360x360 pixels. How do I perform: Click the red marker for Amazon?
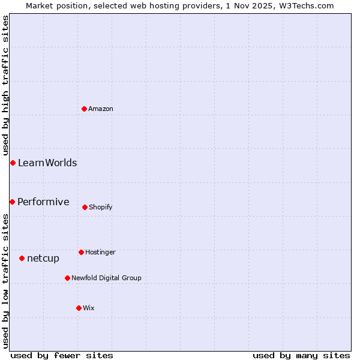(x=84, y=109)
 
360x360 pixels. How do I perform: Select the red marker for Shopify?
(x=85, y=207)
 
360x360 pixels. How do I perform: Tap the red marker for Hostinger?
(x=81, y=252)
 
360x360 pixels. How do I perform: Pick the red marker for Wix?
(x=79, y=308)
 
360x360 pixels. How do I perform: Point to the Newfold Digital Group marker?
(x=67, y=278)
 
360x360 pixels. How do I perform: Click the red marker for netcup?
(x=22, y=258)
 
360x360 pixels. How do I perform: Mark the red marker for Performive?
(x=12, y=202)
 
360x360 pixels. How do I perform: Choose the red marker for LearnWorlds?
(x=13, y=163)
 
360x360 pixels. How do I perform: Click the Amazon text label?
(x=101, y=109)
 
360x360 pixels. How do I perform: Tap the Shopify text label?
(x=101, y=207)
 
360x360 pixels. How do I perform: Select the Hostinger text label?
(x=100, y=252)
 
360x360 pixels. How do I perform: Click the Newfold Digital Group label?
(x=106, y=278)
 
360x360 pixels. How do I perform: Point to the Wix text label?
(x=89, y=308)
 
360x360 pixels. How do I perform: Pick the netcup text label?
(x=43, y=259)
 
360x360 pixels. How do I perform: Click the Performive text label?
(x=43, y=202)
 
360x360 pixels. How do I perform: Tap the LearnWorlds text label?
(x=47, y=163)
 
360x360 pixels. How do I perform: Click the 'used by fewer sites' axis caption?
(x=62, y=355)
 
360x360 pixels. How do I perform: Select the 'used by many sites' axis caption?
(x=301, y=355)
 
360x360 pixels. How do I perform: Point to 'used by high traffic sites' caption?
(x=5, y=85)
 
